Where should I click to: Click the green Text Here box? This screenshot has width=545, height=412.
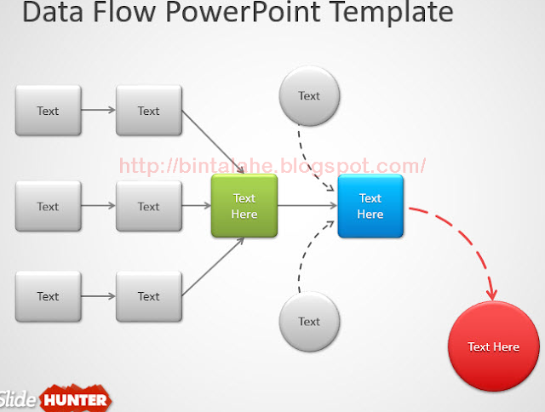tap(244, 206)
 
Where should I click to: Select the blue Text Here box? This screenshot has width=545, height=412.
tap(370, 206)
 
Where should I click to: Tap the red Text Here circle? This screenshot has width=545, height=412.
tap(494, 346)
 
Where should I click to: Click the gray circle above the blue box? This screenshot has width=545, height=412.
tap(309, 96)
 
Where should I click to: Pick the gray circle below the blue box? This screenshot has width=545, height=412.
tap(309, 321)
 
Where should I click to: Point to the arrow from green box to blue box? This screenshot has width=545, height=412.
tap(307, 206)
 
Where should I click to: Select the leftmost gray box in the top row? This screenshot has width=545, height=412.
tap(49, 111)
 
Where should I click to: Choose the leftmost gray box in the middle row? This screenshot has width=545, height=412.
tap(49, 206)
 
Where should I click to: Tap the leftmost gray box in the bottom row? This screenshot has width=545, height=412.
tap(49, 296)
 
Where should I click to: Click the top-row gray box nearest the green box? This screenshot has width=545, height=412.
tap(149, 111)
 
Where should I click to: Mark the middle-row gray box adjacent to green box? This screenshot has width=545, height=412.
tap(149, 206)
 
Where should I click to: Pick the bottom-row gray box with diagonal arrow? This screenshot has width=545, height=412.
tap(149, 296)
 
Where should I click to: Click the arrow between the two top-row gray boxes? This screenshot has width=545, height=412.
tap(99, 110)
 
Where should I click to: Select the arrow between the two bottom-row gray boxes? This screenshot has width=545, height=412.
tap(99, 296)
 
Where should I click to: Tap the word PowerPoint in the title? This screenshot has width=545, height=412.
tap(243, 13)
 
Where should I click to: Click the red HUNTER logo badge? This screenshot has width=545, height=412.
tap(76, 399)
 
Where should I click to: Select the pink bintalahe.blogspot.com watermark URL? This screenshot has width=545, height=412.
tap(272, 165)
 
